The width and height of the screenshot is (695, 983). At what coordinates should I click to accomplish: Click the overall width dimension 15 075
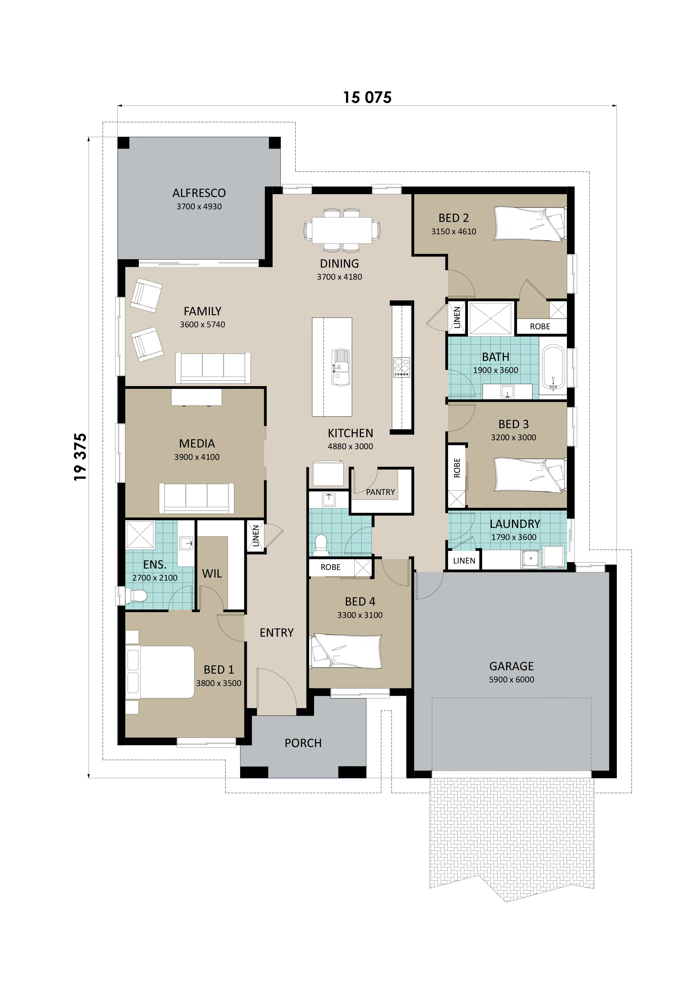click(x=367, y=98)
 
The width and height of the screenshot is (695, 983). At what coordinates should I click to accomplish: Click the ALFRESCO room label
click(x=199, y=193)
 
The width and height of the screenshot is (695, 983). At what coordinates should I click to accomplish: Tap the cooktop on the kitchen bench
click(x=402, y=367)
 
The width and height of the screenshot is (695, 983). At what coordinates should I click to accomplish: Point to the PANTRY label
click(x=380, y=492)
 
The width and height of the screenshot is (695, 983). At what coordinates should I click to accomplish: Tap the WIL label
click(x=212, y=574)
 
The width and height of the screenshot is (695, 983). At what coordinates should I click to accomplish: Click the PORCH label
click(x=303, y=743)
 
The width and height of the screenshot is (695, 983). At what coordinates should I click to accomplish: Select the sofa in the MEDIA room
click(x=196, y=498)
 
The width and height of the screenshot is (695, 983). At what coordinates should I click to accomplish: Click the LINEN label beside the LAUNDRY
click(x=464, y=560)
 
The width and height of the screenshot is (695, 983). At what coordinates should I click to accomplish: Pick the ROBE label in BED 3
click(x=457, y=468)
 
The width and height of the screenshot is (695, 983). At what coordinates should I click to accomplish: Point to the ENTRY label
click(x=277, y=632)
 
